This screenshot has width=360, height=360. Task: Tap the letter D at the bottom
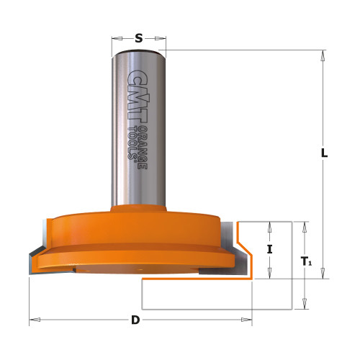pos(135,320)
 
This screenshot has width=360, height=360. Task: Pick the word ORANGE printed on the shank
pos(143,148)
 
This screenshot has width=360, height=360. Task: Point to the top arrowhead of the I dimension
pos(270,225)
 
